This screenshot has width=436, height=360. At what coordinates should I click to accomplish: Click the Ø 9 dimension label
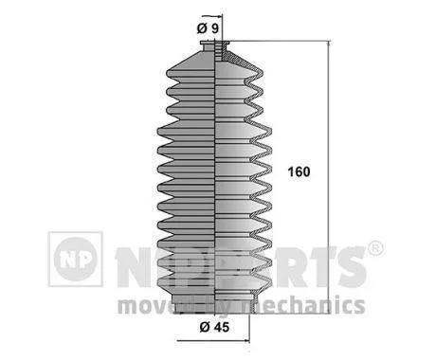click(x=208, y=28)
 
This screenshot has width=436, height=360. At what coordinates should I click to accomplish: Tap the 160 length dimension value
click(x=299, y=171)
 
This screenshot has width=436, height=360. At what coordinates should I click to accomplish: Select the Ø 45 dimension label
click(x=214, y=327)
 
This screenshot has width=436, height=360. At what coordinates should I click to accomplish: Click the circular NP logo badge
click(x=76, y=260)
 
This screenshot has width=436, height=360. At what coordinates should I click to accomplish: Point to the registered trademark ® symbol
click(x=375, y=249)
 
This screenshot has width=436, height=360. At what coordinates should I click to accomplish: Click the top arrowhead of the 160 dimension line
click(x=329, y=44)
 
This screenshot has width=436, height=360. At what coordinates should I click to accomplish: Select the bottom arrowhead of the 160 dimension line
click(x=329, y=310)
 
